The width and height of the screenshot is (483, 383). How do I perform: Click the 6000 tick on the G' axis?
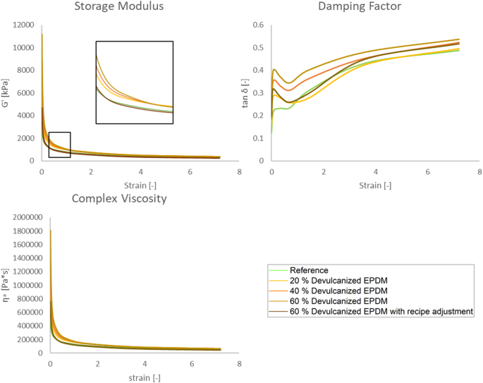point(25,93)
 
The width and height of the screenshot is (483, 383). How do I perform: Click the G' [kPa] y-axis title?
point(7,92)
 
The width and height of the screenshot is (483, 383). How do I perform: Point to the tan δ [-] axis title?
point(244,92)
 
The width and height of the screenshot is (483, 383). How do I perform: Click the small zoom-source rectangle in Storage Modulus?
point(59,145)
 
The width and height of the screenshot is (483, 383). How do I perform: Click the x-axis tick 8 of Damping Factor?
point(479,171)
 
